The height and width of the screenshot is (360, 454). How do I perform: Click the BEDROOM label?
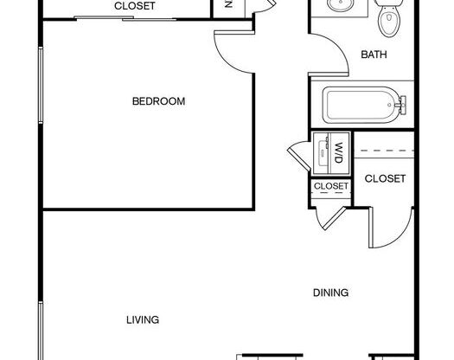coord(158,101)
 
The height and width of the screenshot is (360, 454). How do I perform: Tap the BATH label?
coord(374,55)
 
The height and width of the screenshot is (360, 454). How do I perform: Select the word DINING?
coord(330,293)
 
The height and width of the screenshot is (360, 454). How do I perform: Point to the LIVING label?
coord(143,320)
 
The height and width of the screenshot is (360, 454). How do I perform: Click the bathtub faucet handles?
coord(400,106)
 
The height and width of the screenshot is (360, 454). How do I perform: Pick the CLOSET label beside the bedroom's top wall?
coord(135,6)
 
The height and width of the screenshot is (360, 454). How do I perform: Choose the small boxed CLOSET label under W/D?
coord(330,186)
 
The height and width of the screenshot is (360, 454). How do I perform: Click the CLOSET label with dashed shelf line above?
coord(385,179)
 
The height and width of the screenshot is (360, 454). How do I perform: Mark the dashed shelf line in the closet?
coord(385,152)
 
